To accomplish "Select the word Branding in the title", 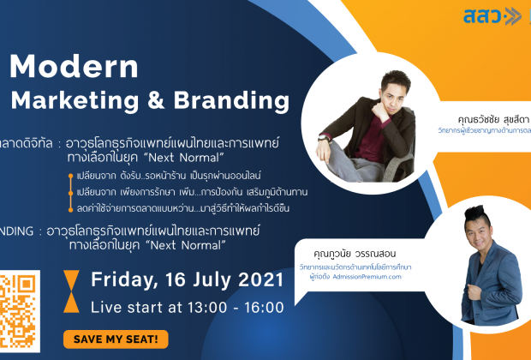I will tap(218, 100).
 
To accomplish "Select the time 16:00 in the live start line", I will tap(262, 307).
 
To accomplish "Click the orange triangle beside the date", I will tap(75, 280).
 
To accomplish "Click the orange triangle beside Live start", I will tap(75, 308).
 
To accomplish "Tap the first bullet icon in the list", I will tap(71, 176).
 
